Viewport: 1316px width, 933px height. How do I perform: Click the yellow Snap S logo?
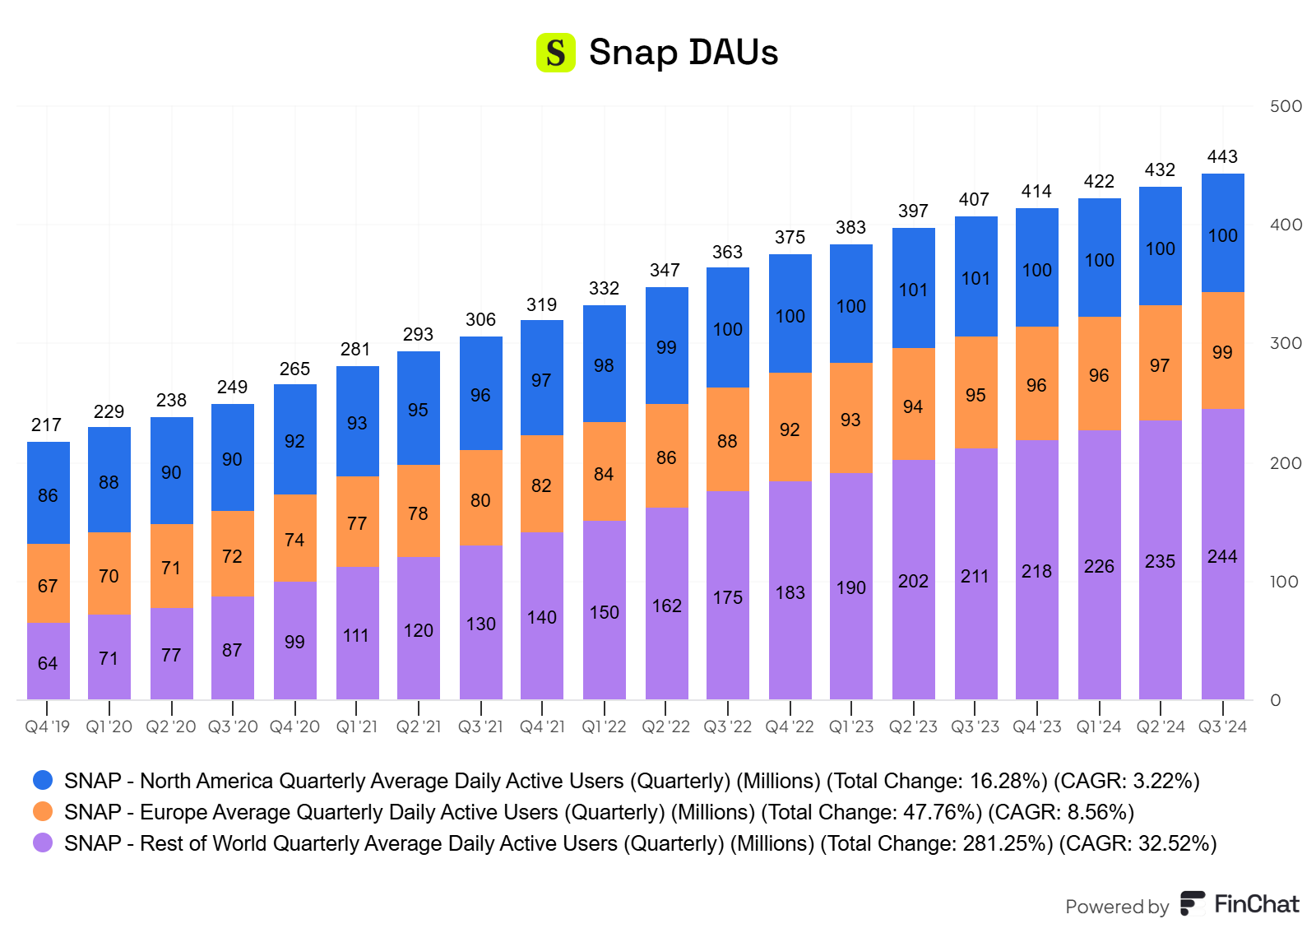tap(555, 53)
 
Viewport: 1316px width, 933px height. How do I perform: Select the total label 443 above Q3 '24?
tap(1222, 157)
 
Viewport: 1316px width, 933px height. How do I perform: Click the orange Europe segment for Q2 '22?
tap(666, 457)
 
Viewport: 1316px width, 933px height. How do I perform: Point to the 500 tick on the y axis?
tap(1286, 106)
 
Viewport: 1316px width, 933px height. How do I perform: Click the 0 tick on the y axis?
tap(1276, 700)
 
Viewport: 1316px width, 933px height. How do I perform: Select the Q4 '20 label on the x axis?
tap(294, 727)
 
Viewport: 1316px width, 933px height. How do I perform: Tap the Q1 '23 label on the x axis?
tap(851, 727)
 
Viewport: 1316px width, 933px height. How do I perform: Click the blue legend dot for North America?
tap(43, 780)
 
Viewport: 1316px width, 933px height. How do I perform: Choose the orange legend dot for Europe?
tap(43, 811)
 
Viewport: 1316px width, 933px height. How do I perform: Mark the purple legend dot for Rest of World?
tap(43, 842)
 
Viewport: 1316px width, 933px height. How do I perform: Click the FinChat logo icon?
tap(1192, 903)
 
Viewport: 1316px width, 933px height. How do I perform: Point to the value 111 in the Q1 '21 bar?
tap(356, 635)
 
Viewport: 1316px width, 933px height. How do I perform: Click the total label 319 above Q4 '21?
tap(541, 305)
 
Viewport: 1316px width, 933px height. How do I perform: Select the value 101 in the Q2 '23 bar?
tap(913, 290)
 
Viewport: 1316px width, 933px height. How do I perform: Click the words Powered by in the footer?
tap(1116, 907)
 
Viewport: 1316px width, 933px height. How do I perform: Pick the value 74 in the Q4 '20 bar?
tap(294, 540)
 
